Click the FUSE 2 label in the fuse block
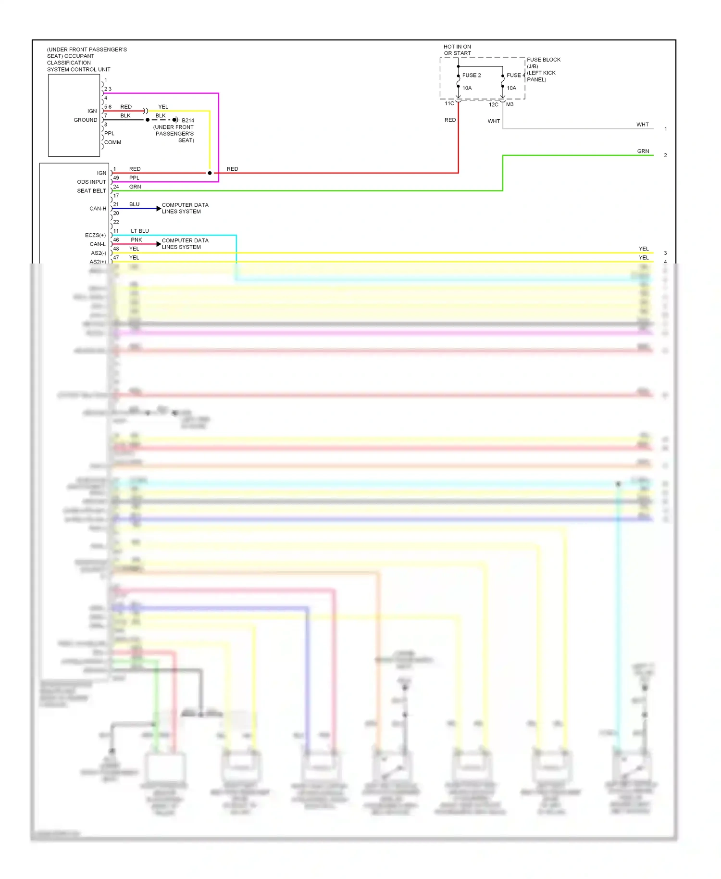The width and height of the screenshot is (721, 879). [471, 75]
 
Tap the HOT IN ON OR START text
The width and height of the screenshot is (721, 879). [457, 50]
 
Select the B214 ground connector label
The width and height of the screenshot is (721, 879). [188, 121]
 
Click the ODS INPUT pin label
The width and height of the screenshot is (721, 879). [91, 182]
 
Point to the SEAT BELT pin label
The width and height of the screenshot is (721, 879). [91, 191]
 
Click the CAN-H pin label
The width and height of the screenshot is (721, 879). [98, 209]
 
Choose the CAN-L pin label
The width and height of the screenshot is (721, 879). [98, 244]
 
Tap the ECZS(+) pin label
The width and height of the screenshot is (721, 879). [95, 236]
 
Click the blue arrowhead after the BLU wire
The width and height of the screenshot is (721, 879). [159, 209]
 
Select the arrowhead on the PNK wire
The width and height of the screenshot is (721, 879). [159, 244]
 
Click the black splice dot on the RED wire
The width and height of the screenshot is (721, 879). [210, 173]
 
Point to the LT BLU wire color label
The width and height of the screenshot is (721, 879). [140, 231]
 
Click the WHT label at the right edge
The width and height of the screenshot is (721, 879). [642, 125]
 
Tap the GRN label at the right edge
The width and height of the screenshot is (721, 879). [643, 151]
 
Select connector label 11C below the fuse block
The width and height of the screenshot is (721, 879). [449, 104]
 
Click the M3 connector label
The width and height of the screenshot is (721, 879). [510, 105]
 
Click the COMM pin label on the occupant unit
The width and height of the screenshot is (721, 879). [112, 143]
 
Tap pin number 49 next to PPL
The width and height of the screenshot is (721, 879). [116, 178]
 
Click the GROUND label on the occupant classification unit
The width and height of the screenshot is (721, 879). [85, 120]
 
